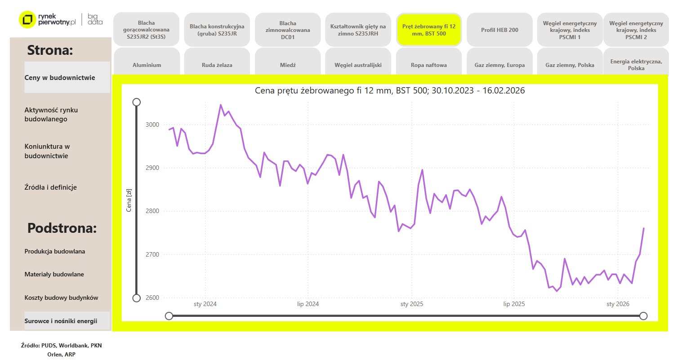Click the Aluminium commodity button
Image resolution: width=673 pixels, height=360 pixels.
[x=147, y=65]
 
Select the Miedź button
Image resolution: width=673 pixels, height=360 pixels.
[x=288, y=65]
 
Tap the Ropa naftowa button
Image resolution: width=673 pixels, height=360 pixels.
[x=428, y=65]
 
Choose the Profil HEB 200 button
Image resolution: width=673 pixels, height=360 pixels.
[x=499, y=30]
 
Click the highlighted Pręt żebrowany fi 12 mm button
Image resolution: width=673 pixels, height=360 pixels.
[x=428, y=30]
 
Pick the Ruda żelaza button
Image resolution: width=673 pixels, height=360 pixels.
[x=217, y=65]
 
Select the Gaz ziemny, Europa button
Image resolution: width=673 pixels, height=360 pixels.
[x=499, y=65]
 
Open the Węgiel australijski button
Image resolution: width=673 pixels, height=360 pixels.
[x=358, y=65]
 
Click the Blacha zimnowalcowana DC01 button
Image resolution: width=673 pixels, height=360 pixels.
[x=288, y=30]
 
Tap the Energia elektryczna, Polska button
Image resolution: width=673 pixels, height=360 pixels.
[x=636, y=65]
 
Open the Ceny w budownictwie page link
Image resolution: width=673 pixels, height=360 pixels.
[x=67, y=77]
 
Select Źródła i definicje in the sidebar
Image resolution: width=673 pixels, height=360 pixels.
[x=50, y=187]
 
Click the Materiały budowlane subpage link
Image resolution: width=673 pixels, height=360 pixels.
[x=54, y=274]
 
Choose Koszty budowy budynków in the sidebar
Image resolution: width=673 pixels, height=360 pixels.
[x=61, y=298]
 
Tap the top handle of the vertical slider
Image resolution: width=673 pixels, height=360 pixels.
[x=137, y=102]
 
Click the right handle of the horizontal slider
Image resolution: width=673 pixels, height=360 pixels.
[x=643, y=316]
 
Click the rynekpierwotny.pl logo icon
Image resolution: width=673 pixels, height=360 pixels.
[x=27, y=19]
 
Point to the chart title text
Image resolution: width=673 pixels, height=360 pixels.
[x=390, y=90]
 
